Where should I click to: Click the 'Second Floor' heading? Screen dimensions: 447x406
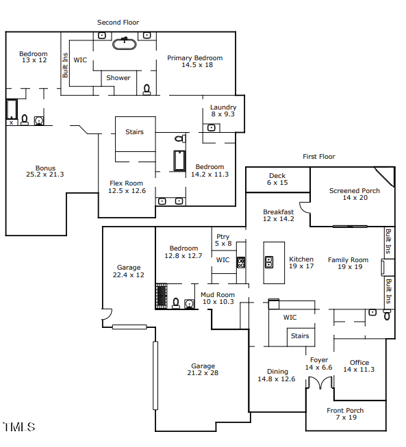[118, 23]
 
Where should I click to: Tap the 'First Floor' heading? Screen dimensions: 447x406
[319, 157]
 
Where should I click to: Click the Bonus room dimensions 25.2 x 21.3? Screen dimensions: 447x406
[45, 175]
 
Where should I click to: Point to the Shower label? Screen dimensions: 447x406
[118, 78]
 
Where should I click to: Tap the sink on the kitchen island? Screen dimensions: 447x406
[269, 261]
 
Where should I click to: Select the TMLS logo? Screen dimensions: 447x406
[19, 428]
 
